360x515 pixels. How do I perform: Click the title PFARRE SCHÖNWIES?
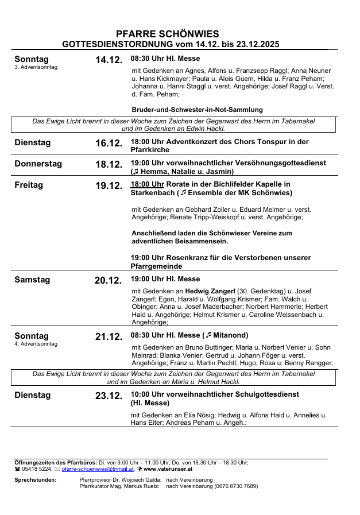pyautogui.click(x=167, y=34)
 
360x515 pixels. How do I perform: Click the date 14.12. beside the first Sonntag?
pyautogui.click(x=109, y=60)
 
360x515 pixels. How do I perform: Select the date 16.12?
pyautogui.click(x=109, y=144)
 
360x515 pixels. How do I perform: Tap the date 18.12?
pyautogui.click(x=109, y=165)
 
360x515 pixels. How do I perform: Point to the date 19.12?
pyautogui.click(x=109, y=186)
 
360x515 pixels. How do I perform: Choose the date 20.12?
pyautogui.click(x=108, y=281)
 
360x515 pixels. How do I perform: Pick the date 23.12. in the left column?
pyautogui.click(x=109, y=396)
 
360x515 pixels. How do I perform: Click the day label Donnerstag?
pyautogui.click(x=38, y=164)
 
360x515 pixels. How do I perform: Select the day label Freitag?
pyautogui.click(x=29, y=185)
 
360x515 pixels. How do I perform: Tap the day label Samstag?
pyautogui.click(x=32, y=280)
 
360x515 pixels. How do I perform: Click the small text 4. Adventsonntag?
pyautogui.click(x=36, y=344)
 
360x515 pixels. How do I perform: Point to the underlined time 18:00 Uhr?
pyautogui.click(x=148, y=184)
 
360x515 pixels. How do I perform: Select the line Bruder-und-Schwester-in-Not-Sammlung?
pyautogui.click(x=197, y=110)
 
